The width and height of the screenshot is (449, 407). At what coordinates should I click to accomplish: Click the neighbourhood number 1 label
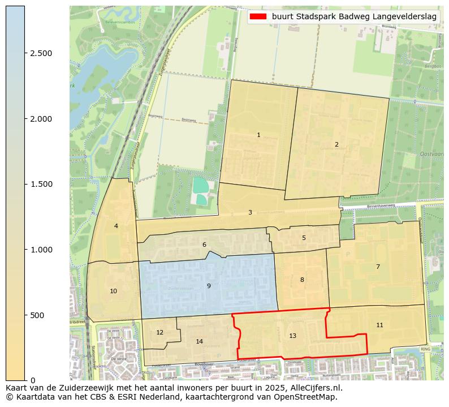[258, 135]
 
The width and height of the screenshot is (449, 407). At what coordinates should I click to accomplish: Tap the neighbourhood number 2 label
[336, 144]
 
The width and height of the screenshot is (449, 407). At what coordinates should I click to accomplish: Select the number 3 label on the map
[250, 212]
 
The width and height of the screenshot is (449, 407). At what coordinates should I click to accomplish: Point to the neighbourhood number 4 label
[116, 226]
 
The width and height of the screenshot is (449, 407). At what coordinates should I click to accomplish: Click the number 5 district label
[304, 238]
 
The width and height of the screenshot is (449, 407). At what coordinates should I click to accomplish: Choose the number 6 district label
[204, 245]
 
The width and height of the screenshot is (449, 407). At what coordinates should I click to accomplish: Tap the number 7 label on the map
[378, 267]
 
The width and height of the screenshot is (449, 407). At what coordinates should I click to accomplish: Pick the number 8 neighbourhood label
[302, 280]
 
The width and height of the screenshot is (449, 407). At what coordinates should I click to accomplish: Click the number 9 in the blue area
[209, 286]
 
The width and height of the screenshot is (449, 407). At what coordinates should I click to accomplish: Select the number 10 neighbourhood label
[114, 291]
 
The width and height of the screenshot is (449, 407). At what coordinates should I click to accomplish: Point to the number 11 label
[379, 325]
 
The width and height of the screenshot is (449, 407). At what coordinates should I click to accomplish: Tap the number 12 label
[159, 332]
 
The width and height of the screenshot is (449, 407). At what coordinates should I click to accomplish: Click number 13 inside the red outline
[292, 336]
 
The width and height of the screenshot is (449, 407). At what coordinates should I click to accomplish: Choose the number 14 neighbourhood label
[199, 341]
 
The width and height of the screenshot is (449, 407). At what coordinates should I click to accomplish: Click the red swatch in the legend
[258, 16]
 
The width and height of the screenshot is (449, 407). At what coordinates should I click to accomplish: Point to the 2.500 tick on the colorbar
[41, 53]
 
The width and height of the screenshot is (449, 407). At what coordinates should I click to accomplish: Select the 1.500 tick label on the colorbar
[41, 184]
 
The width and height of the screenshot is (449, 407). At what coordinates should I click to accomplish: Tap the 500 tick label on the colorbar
[37, 315]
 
